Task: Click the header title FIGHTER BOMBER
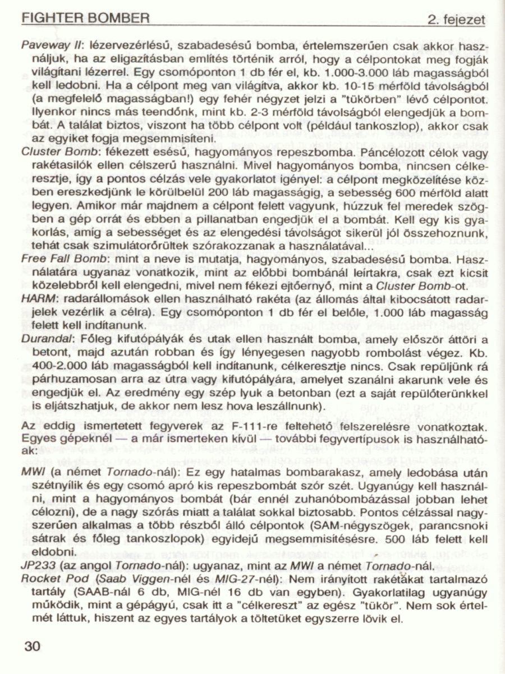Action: [x=85, y=18]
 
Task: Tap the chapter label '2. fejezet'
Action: [x=456, y=21]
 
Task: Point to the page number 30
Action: [x=33, y=646]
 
